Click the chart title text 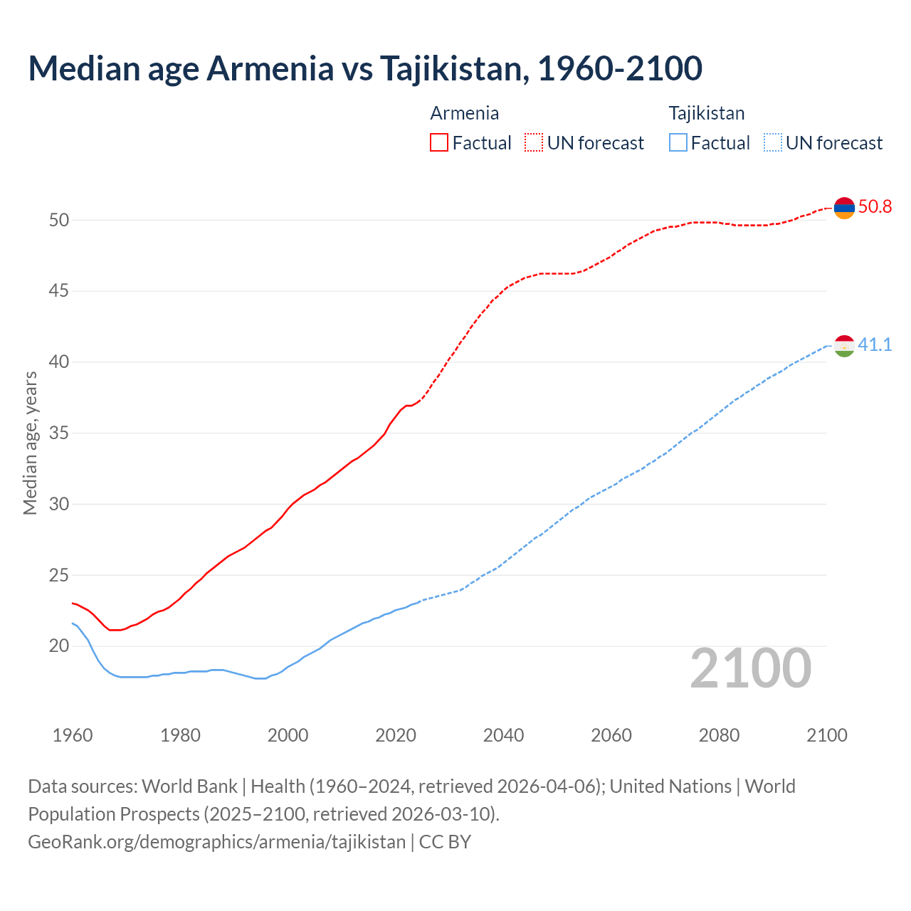click(x=365, y=68)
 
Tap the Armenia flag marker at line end click(x=844, y=208)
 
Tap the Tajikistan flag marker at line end click(x=844, y=346)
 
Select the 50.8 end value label click(x=875, y=207)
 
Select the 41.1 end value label click(x=875, y=345)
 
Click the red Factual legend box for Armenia click(x=439, y=143)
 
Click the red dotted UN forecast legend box click(x=534, y=143)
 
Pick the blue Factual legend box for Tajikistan click(x=678, y=143)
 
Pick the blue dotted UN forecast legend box click(x=773, y=143)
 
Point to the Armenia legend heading click(x=464, y=113)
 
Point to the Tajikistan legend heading click(x=706, y=113)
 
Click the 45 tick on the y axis click(x=59, y=291)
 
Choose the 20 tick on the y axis click(x=59, y=646)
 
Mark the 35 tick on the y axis click(x=59, y=433)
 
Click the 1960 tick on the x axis click(x=73, y=735)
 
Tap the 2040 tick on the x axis click(x=503, y=735)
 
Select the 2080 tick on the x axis click(x=719, y=735)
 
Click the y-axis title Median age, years click(x=30, y=443)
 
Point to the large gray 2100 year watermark click(x=750, y=668)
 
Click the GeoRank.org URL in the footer click(x=216, y=842)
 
